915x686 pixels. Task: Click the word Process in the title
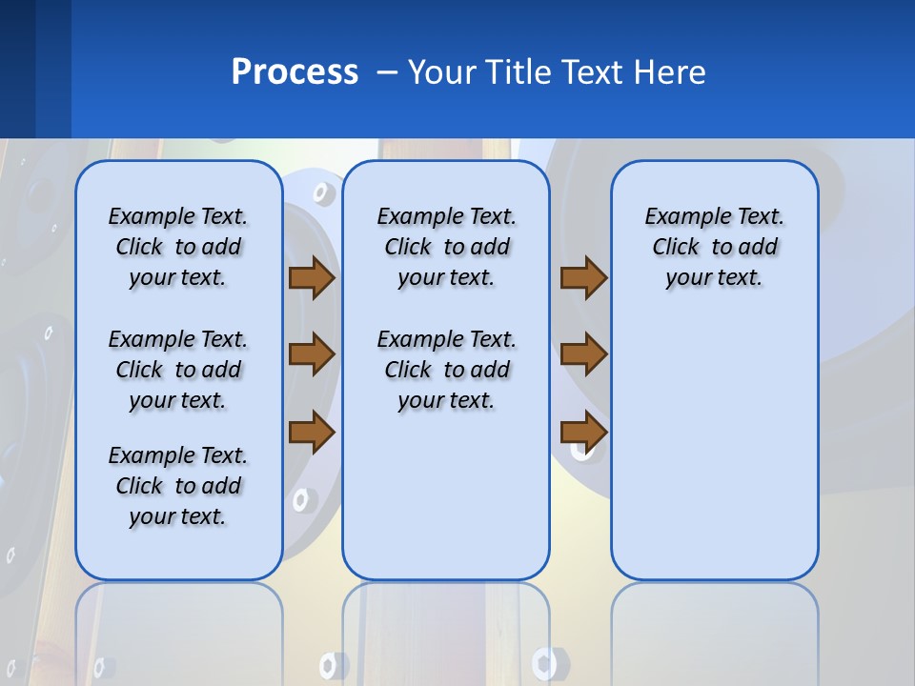[295, 72]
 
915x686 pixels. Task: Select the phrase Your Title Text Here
[557, 72]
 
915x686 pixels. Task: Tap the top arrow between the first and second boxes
[311, 278]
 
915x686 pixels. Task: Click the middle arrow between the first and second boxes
[311, 354]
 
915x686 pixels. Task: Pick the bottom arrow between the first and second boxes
[311, 432]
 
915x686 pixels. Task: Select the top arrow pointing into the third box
[583, 278]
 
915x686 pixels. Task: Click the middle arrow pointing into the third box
[583, 354]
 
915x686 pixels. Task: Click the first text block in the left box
[178, 247]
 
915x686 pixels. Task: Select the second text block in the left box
[178, 370]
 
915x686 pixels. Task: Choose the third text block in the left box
[178, 486]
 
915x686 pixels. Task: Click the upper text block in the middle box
[446, 247]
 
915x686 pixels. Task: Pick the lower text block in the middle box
[446, 370]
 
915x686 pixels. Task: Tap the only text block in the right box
[714, 247]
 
